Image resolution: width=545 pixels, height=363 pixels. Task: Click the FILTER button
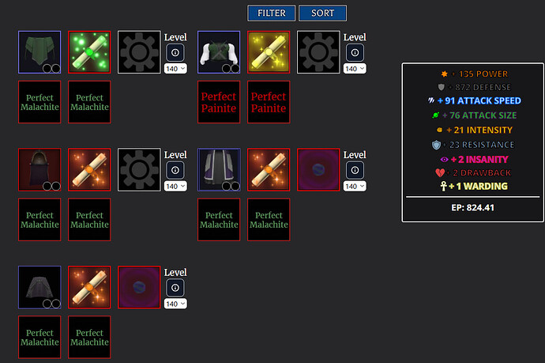tap(271, 13)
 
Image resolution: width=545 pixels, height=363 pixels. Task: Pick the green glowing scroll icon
tap(89, 52)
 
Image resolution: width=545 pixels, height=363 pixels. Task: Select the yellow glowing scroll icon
tap(269, 52)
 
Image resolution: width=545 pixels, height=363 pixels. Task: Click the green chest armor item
tap(39, 52)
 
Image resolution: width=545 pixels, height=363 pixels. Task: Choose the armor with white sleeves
tap(219, 52)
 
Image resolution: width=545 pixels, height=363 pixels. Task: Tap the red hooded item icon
tap(39, 169)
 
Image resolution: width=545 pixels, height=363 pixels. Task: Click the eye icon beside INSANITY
tap(442, 158)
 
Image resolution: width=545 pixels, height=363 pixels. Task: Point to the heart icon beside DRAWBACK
tap(439, 172)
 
